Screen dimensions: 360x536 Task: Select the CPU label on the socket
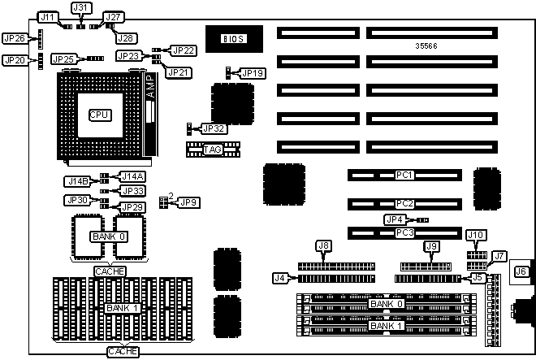[99, 115]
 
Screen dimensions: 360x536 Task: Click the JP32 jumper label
[214, 128]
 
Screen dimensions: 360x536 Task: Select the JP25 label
[63, 59]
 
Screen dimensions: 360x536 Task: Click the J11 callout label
[49, 17]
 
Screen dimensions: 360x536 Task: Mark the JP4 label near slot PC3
[394, 219]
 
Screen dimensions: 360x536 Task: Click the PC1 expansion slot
[404, 175]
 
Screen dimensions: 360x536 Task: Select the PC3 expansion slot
[404, 233]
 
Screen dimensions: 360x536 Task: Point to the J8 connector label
[323, 245]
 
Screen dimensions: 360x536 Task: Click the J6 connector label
[521, 271]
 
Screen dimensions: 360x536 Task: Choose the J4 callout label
[280, 278]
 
